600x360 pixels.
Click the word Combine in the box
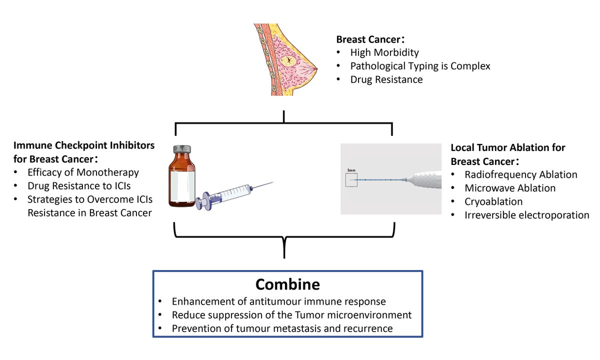[287, 284]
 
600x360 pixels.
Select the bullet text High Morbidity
[384, 52]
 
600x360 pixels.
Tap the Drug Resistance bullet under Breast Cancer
[386, 79]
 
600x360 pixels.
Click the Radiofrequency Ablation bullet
[520, 174]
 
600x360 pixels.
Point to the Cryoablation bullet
[493, 201]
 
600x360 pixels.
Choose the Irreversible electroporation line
[526, 215]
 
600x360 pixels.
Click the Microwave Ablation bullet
[509, 188]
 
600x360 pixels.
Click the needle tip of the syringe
[272, 183]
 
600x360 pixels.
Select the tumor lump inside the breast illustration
[288, 61]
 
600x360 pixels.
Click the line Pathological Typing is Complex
[420, 66]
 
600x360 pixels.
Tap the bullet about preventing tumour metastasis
[282, 328]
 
